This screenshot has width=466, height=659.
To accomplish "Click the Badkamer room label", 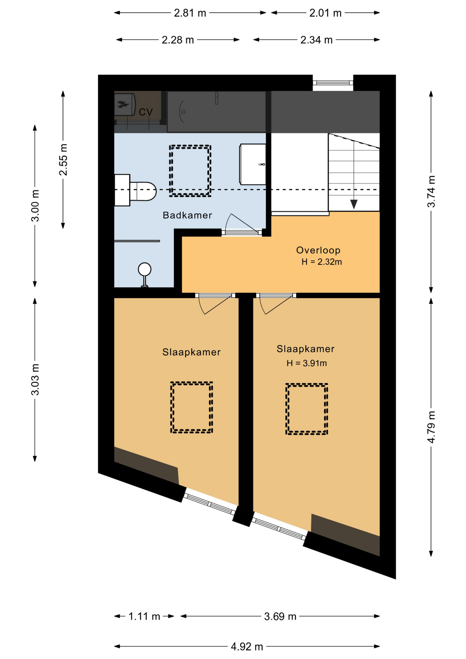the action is pos(187,215).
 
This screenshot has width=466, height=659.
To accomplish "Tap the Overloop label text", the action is pos(318,250).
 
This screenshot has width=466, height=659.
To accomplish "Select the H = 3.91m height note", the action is pos(306,363).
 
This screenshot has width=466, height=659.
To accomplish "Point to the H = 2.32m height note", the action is pos(322,262).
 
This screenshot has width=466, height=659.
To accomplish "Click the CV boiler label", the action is pos(145,112).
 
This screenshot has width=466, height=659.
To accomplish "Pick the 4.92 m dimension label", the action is pos(247,647).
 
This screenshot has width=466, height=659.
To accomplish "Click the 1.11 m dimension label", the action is pos(144,616).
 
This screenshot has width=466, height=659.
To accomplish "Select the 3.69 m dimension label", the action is pos(280,616).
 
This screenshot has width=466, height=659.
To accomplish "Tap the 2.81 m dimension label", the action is pos(190,13).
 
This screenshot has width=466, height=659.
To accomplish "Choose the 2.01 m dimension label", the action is pos(325,13).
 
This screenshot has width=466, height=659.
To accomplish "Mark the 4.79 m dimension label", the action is pos(431,427).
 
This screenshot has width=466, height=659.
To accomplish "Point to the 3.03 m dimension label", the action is pos(35,379).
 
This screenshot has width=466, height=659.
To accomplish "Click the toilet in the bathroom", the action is pos(136,190).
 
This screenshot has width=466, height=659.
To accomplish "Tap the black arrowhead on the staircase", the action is pos(354,204).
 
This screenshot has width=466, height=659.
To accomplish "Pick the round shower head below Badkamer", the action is pos(144,269).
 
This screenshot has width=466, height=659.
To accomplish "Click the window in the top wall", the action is pos(333,83).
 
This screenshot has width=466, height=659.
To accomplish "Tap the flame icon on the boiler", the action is pos(123,104).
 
